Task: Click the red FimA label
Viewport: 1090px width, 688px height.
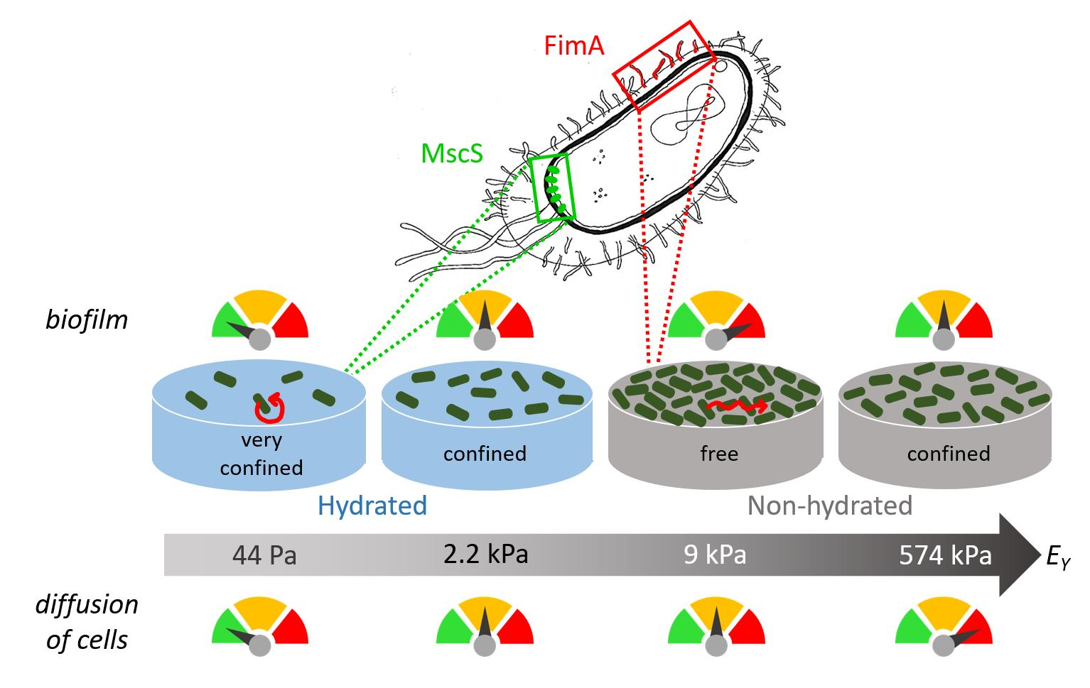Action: (574, 46)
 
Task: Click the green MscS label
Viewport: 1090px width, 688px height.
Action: (452, 153)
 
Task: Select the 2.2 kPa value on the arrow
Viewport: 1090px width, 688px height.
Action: (485, 553)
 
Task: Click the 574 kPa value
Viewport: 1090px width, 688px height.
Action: (945, 555)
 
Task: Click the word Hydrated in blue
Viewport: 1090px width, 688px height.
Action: (372, 506)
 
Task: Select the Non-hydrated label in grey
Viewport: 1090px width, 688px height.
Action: (829, 506)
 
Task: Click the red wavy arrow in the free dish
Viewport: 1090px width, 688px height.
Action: (736, 406)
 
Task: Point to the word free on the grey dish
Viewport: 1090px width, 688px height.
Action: (718, 453)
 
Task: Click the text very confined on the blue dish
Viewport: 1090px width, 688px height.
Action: (261, 454)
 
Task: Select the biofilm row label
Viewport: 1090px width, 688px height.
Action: (87, 320)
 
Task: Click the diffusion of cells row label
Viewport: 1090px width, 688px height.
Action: (87, 622)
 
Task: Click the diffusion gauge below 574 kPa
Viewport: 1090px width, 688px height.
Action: (944, 625)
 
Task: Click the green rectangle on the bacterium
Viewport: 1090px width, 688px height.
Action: (551, 187)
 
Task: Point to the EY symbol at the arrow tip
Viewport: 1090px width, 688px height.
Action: (1057, 557)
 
